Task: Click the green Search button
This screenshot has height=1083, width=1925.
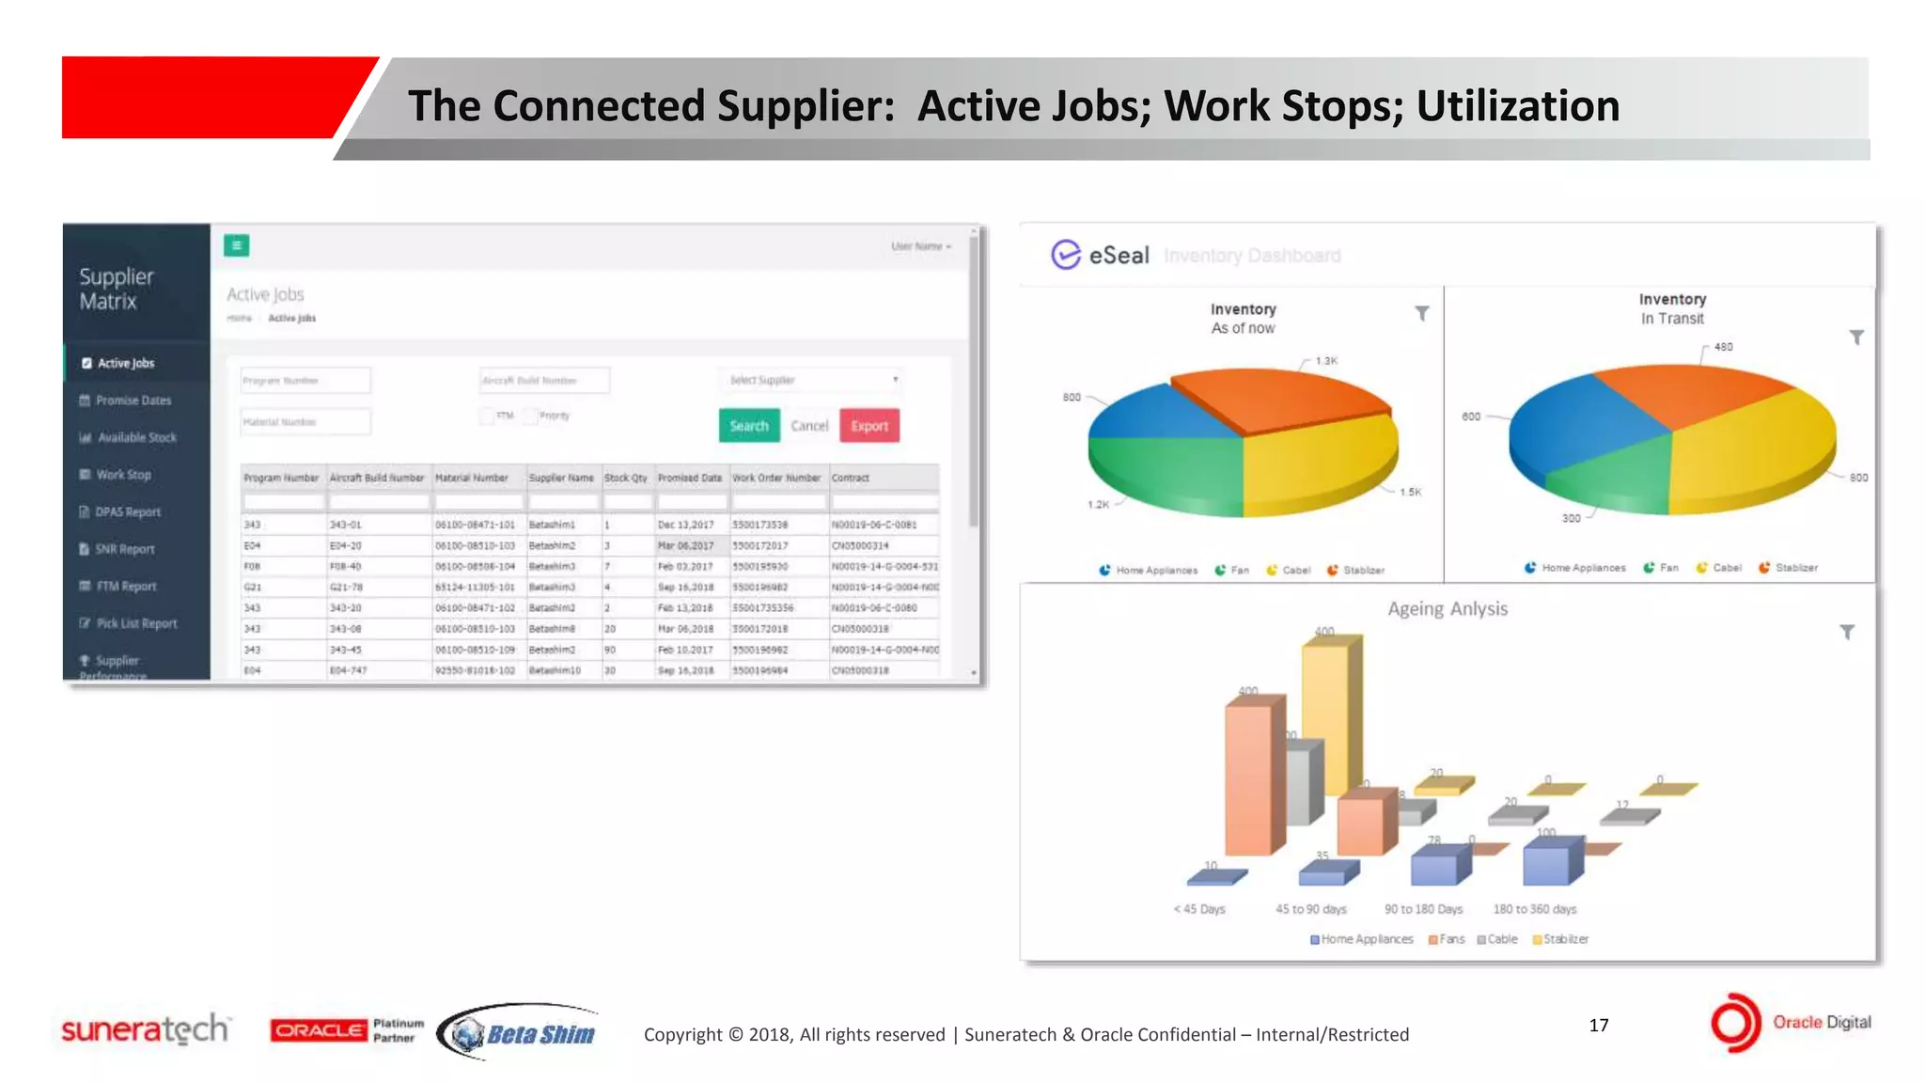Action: pyautogui.click(x=748, y=426)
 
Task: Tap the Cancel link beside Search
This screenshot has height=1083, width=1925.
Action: pyautogui.click(x=809, y=426)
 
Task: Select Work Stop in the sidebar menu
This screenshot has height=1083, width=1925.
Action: pyautogui.click(x=123, y=475)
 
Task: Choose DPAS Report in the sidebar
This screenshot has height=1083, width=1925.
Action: pyautogui.click(x=128, y=512)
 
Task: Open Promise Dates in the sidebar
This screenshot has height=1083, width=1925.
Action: pyautogui.click(x=133, y=400)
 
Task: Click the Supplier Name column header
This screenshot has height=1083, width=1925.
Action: pyautogui.click(x=561, y=478)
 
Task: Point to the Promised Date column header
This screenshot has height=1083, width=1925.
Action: pyautogui.click(x=690, y=478)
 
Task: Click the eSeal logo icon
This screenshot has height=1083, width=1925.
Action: pyautogui.click(x=1066, y=255)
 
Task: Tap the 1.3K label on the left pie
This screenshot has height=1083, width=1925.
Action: pyautogui.click(x=1326, y=361)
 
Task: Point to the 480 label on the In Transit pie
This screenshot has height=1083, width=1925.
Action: pyautogui.click(x=1723, y=347)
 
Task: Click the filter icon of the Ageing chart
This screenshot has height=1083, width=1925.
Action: pyautogui.click(x=1847, y=632)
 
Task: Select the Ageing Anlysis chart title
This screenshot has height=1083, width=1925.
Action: pyautogui.click(x=1448, y=609)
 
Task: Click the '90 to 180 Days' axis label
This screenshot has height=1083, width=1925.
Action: pyautogui.click(x=1423, y=909)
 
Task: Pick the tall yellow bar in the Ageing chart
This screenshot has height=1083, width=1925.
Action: pyautogui.click(x=1325, y=714)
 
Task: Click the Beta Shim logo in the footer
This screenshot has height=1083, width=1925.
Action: pyautogui.click(x=519, y=1033)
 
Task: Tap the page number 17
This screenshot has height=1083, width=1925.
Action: pyautogui.click(x=1599, y=1025)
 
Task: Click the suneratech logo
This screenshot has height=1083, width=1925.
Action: pyautogui.click(x=145, y=1029)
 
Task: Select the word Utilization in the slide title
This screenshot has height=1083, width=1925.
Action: pyautogui.click(x=1518, y=105)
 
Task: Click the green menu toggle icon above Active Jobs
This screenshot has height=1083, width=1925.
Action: pyautogui.click(x=237, y=245)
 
